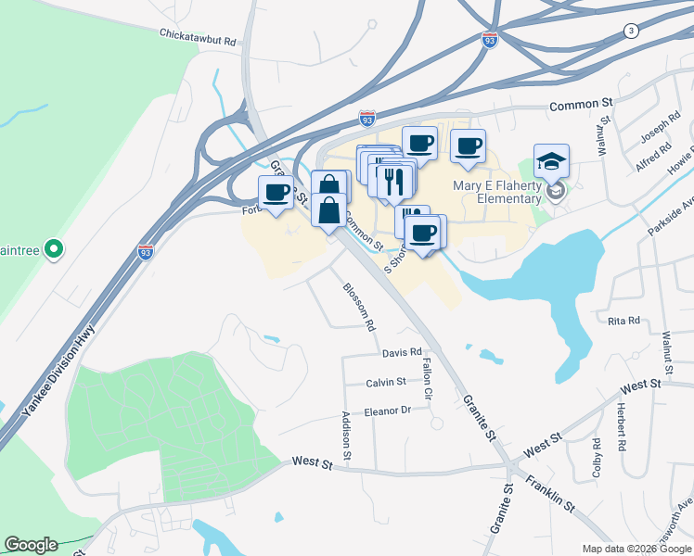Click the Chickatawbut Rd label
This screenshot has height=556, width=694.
point(198,42)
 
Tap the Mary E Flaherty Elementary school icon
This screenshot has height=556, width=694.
point(551,162)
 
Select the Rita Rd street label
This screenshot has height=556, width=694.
point(623,321)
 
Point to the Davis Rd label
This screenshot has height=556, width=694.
point(402,353)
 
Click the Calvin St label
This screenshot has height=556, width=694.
point(386,382)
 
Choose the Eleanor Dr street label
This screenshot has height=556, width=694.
point(387,411)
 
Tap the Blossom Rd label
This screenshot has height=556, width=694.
point(360,308)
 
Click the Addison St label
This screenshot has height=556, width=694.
point(346,436)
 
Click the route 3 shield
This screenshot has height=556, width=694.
point(632,31)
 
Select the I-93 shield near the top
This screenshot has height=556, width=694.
point(490,40)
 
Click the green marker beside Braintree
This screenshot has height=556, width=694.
point(54,248)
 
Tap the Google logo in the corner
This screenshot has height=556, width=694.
point(31,545)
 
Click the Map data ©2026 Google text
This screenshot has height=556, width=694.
point(636,549)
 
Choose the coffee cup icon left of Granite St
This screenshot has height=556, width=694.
point(276,193)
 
